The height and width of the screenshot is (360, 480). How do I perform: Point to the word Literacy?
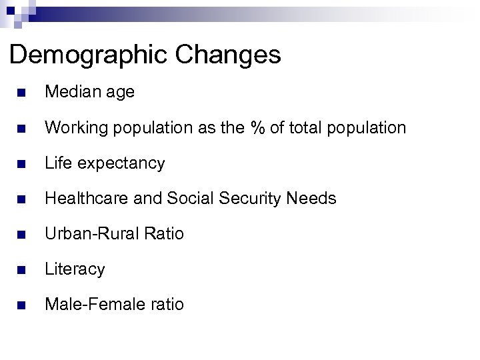click(74, 269)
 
